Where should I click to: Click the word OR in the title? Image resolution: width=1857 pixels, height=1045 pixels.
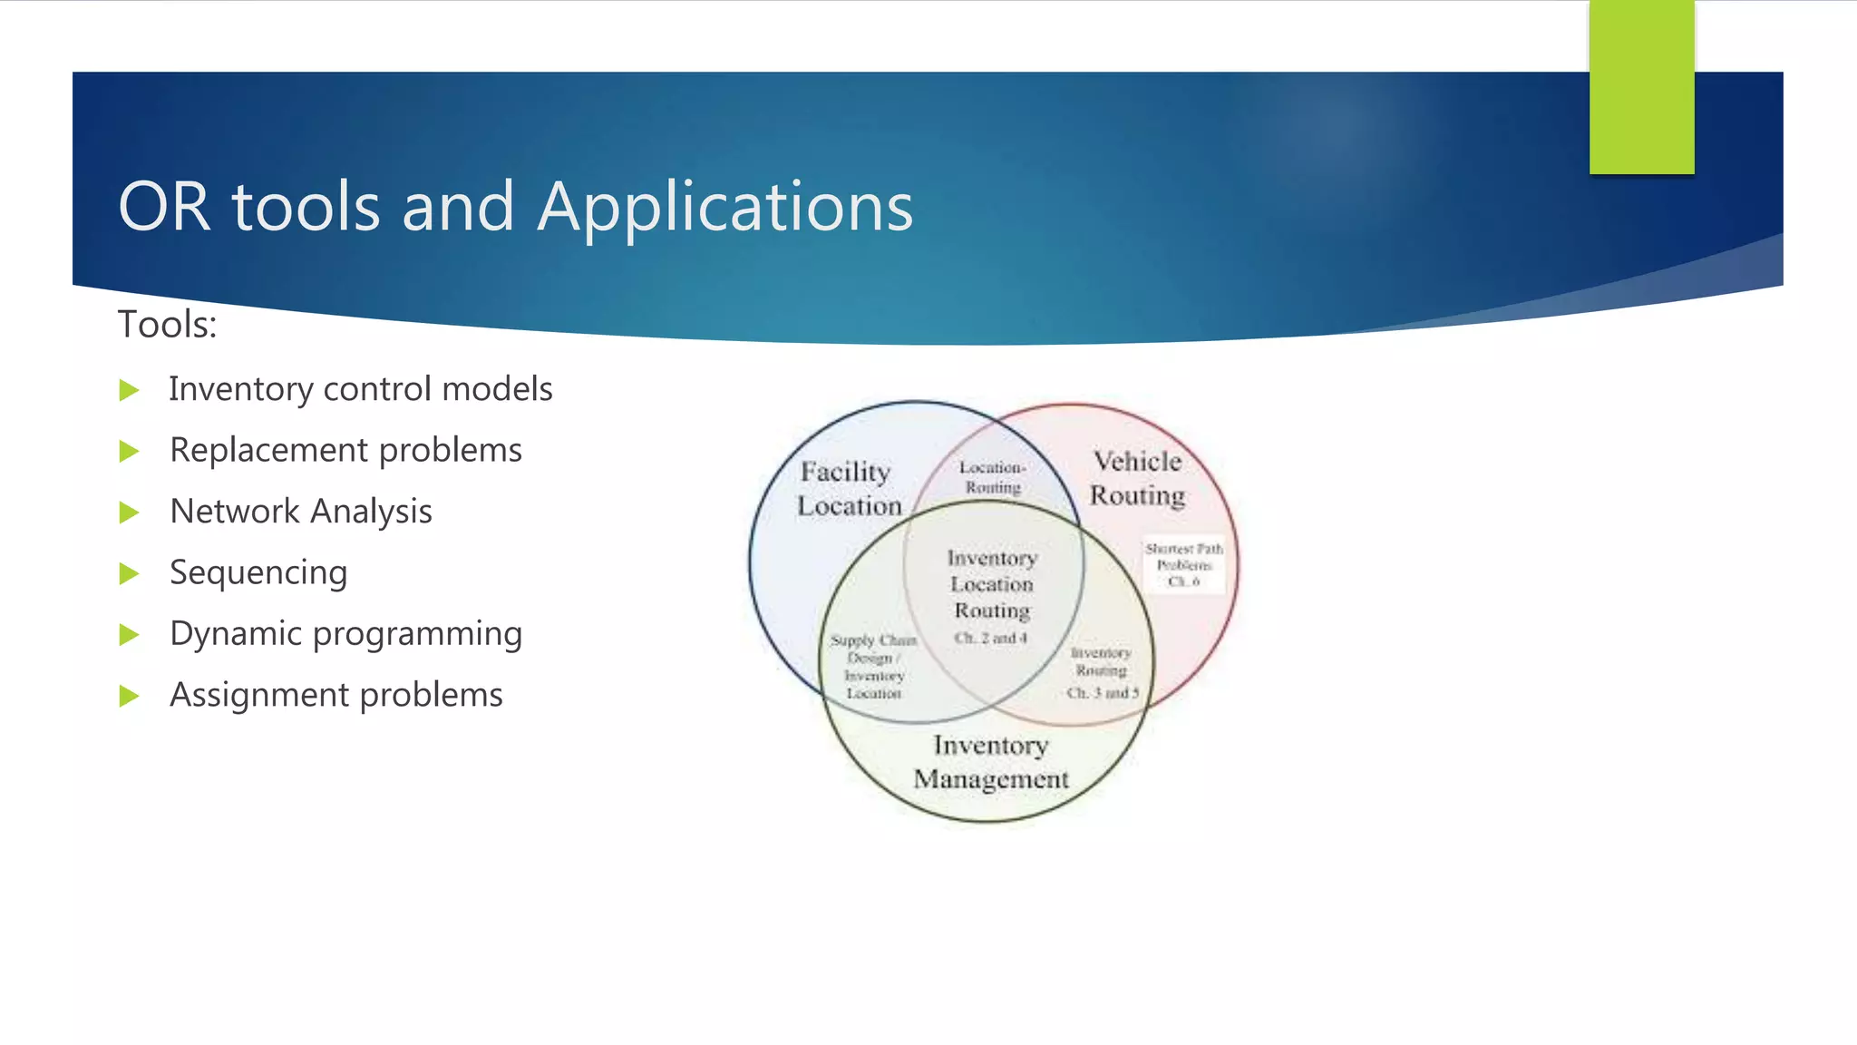(x=164, y=207)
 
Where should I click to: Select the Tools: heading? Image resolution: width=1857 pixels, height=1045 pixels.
(x=168, y=325)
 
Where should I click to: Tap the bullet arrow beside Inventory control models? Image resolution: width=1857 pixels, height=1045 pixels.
(x=130, y=391)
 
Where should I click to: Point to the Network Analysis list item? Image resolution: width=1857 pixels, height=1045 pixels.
(x=300, y=512)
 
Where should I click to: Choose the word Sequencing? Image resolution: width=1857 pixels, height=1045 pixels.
(x=258, y=572)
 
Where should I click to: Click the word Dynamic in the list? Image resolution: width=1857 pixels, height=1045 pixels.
(x=233, y=633)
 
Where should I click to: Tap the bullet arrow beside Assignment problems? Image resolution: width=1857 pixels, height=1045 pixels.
(x=130, y=696)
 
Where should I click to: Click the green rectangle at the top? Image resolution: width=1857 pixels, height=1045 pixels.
(x=1641, y=87)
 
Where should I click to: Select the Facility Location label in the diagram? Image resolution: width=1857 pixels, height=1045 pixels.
(x=848, y=489)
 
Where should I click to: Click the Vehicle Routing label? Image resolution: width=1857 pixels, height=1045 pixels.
(x=1137, y=478)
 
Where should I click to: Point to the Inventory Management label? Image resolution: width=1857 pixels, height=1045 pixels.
(x=991, y=762)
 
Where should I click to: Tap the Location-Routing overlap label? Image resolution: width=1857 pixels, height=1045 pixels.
(x=993, y=477)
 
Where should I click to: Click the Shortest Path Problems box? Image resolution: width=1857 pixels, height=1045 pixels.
(x=1183, y=564)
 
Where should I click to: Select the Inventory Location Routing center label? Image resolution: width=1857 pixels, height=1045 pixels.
(x=992, y=584)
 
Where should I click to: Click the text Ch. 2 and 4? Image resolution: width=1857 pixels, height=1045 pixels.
(x=990, y=638)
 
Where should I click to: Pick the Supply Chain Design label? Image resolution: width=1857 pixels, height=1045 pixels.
(x=873, y=649)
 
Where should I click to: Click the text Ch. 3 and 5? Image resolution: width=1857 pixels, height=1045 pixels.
(x=1102, y=693)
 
